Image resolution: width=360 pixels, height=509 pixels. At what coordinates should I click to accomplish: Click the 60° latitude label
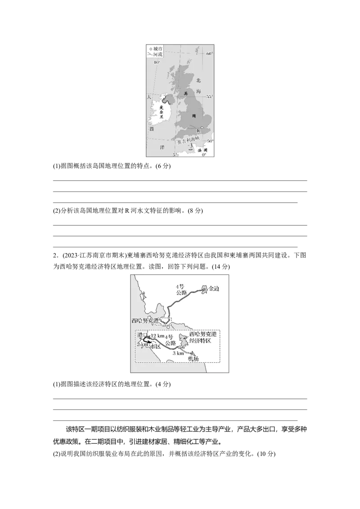[209, 54]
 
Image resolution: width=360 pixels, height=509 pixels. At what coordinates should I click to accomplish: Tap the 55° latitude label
[209, 97]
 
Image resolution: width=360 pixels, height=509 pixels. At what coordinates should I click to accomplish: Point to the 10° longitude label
[157, 63]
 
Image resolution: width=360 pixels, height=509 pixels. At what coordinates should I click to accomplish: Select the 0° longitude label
[204, 155]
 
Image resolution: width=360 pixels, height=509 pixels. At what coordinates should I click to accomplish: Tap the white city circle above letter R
[202, 128]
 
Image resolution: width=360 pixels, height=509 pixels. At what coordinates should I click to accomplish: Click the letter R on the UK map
[198, 131]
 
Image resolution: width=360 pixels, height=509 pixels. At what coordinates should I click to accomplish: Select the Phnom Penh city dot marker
[203, 289]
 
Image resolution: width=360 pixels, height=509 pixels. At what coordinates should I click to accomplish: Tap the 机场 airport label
[193, 358]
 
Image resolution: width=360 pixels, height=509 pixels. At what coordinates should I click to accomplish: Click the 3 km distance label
[179, 353]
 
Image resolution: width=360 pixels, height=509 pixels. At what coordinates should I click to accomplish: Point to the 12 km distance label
[158, 336]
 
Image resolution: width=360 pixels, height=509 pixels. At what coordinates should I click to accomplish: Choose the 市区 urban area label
[155, 347]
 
